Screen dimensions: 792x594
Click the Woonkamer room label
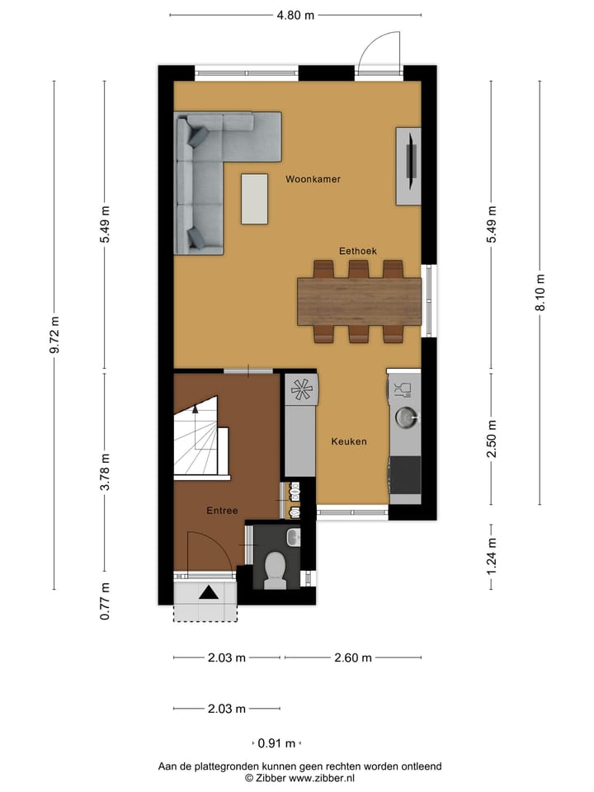(313, 179)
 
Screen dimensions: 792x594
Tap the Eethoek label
(358, 250)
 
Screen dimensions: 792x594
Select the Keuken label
(349, 441)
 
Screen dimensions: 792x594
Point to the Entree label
(222, 511)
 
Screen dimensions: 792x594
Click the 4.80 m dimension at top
(295, 15)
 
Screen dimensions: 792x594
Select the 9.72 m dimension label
(54, 335)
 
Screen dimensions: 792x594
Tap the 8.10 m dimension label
(540, 292)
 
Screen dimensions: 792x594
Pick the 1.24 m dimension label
(492, 556)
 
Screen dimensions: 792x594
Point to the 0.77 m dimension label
(105, 601)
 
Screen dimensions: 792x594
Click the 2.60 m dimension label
(353, 658)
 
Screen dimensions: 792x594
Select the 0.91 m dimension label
(276, 742)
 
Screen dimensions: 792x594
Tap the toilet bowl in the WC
(275, 570)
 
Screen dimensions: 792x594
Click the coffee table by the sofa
(254, 198)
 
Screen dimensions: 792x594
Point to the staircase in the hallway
(199, 437)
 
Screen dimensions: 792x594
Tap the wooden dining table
(359, 301)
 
